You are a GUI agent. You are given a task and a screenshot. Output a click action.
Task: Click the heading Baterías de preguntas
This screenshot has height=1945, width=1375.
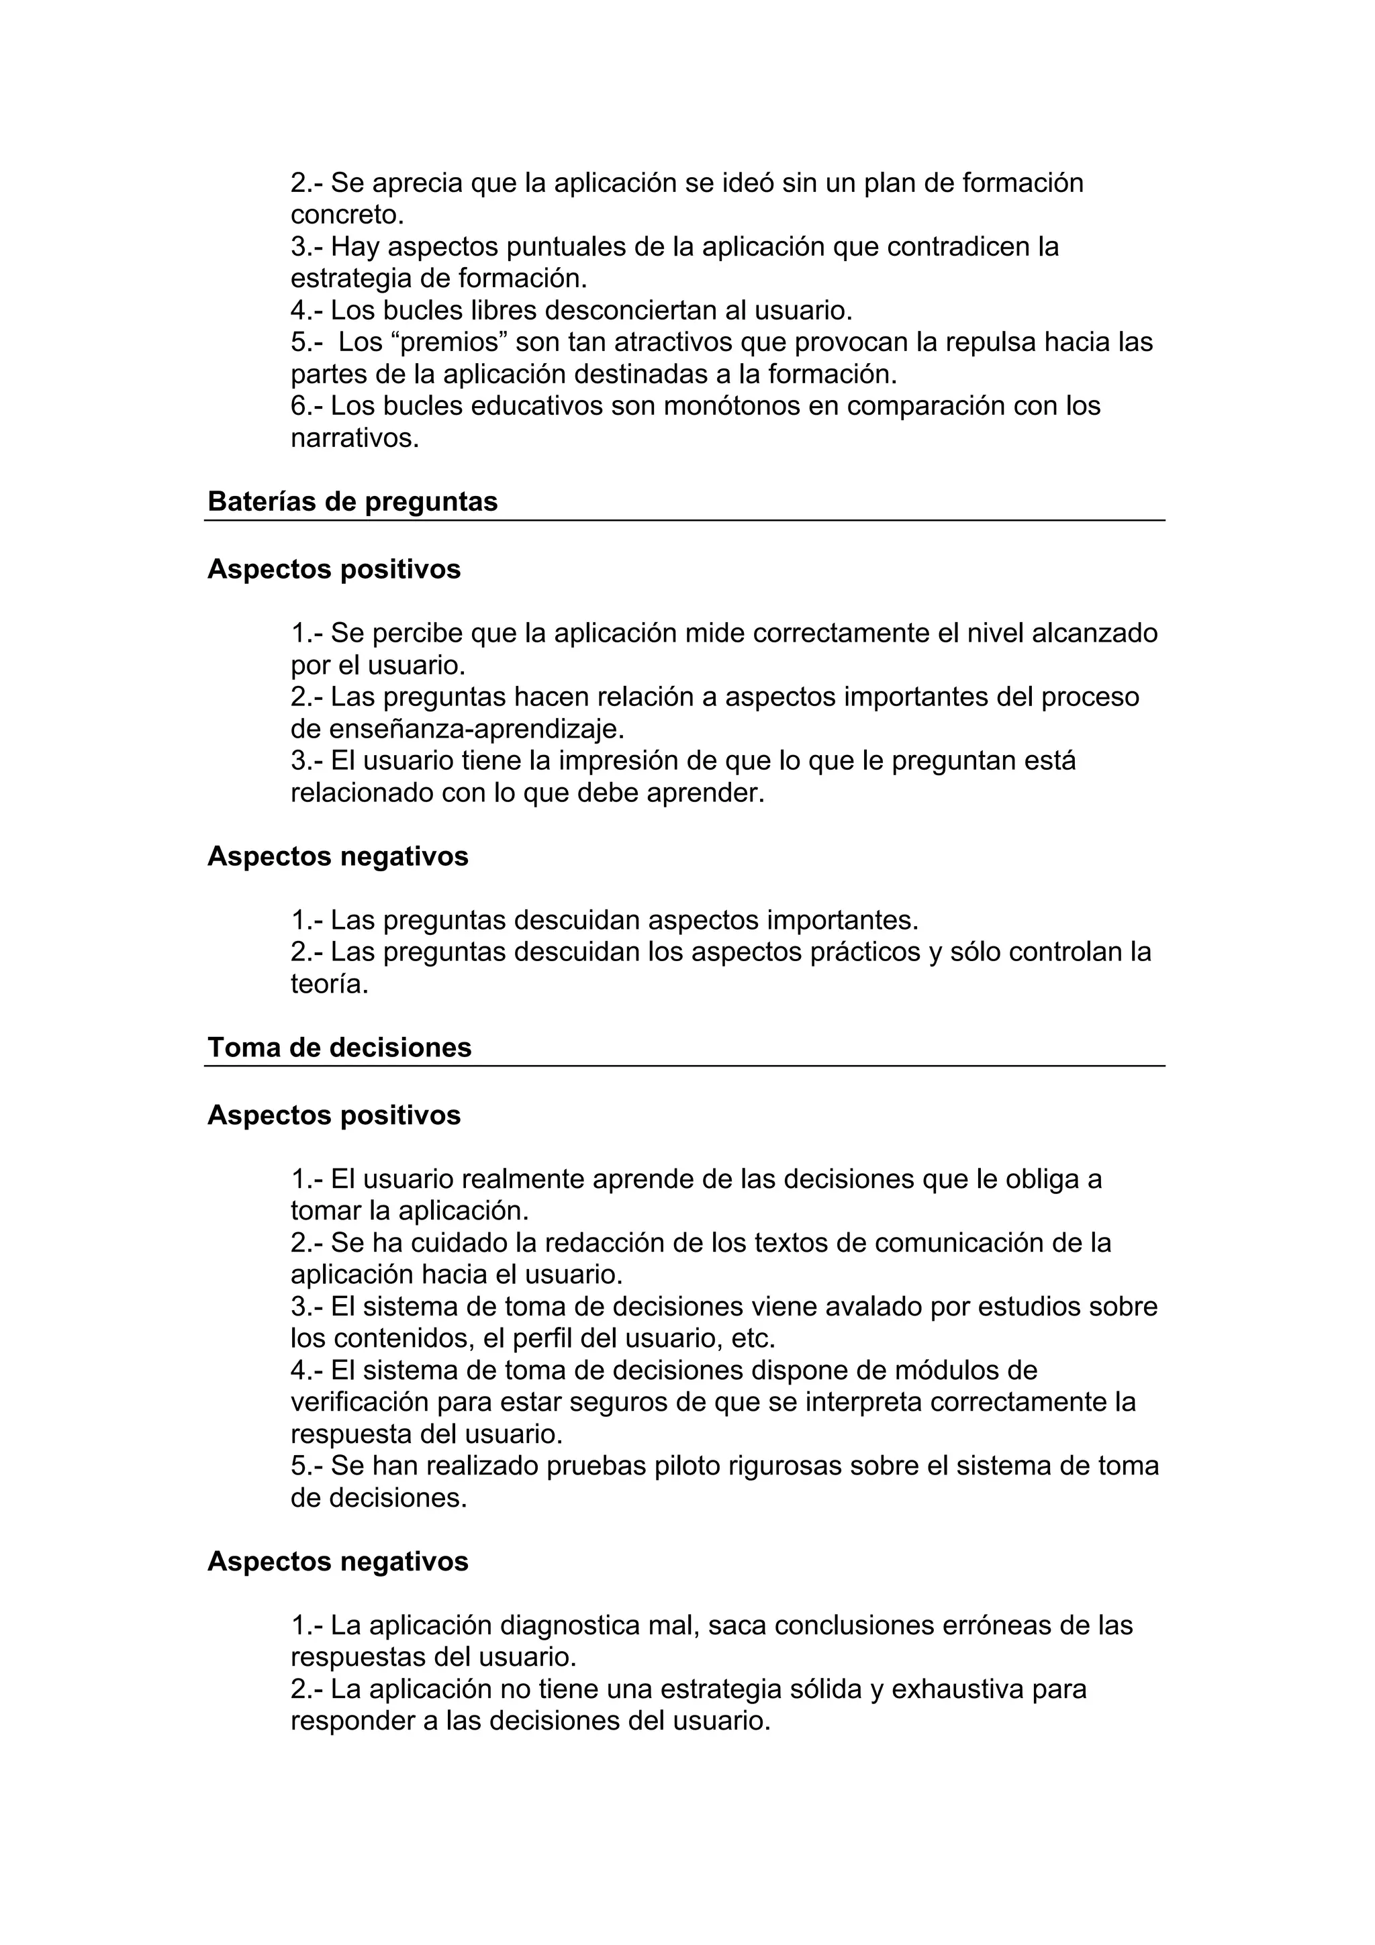point(352,501)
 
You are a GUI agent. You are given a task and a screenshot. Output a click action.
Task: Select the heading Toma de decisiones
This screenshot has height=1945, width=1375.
point(339,1047)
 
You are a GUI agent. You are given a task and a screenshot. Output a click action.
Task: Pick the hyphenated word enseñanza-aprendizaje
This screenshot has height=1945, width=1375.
point(476,728)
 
